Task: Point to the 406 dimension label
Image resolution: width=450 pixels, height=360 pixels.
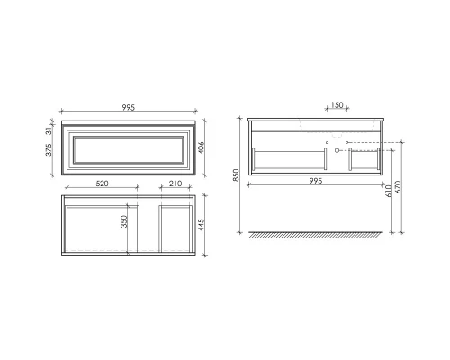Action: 206,147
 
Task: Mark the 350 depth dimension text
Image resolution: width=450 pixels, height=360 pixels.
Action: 126,220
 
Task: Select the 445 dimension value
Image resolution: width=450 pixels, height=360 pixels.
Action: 206,222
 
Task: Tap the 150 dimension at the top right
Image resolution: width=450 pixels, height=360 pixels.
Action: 336,106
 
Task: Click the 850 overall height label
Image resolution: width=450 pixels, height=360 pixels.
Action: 236,177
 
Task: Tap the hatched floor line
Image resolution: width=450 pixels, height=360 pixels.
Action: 321,236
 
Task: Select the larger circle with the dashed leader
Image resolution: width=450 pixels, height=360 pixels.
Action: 341,151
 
